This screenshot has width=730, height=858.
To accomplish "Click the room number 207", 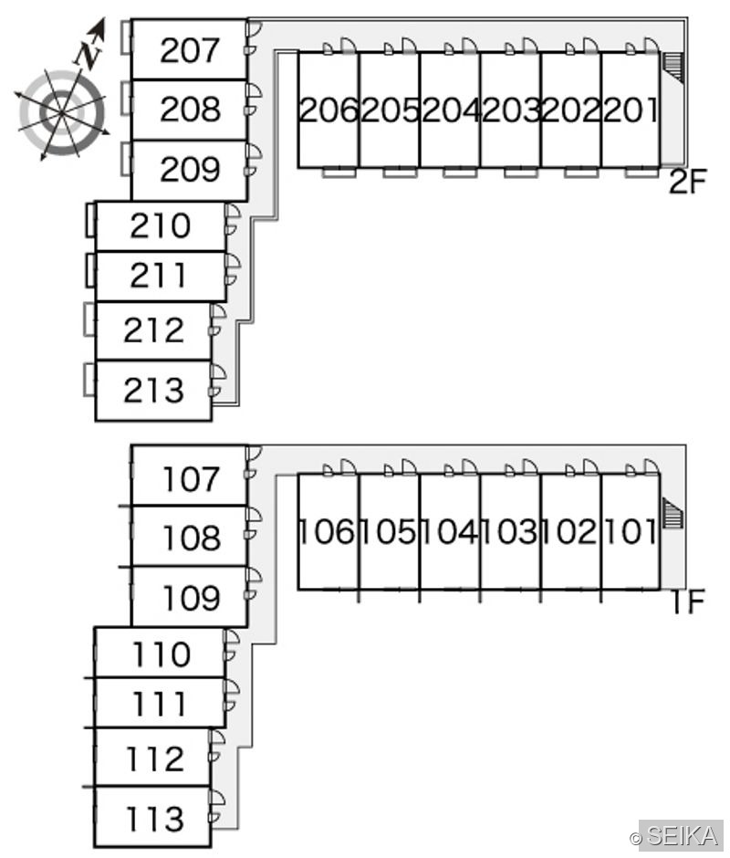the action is pos(190,50).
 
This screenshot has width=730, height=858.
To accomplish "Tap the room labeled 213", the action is pos(153,390).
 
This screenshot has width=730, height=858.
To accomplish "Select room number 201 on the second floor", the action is pos(631,110).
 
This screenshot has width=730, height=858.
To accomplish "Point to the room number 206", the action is pos(328,110).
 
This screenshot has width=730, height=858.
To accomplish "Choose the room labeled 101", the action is pos(631,531).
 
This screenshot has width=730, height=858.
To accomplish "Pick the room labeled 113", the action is pos(155,819).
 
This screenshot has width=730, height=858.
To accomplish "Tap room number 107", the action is pos(191,479).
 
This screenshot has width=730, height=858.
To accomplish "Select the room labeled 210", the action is pos(161,225).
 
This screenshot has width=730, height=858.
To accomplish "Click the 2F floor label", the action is pos(688,182).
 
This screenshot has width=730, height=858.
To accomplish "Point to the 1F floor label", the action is pos(688,602).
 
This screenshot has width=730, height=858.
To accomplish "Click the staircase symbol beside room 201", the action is pos(673,68).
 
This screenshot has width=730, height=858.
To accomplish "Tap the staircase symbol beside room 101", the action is pos(673,513).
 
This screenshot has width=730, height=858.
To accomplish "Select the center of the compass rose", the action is pos(61,112).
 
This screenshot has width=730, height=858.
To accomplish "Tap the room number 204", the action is pos(451,110).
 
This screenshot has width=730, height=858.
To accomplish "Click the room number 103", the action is pos(510,531).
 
